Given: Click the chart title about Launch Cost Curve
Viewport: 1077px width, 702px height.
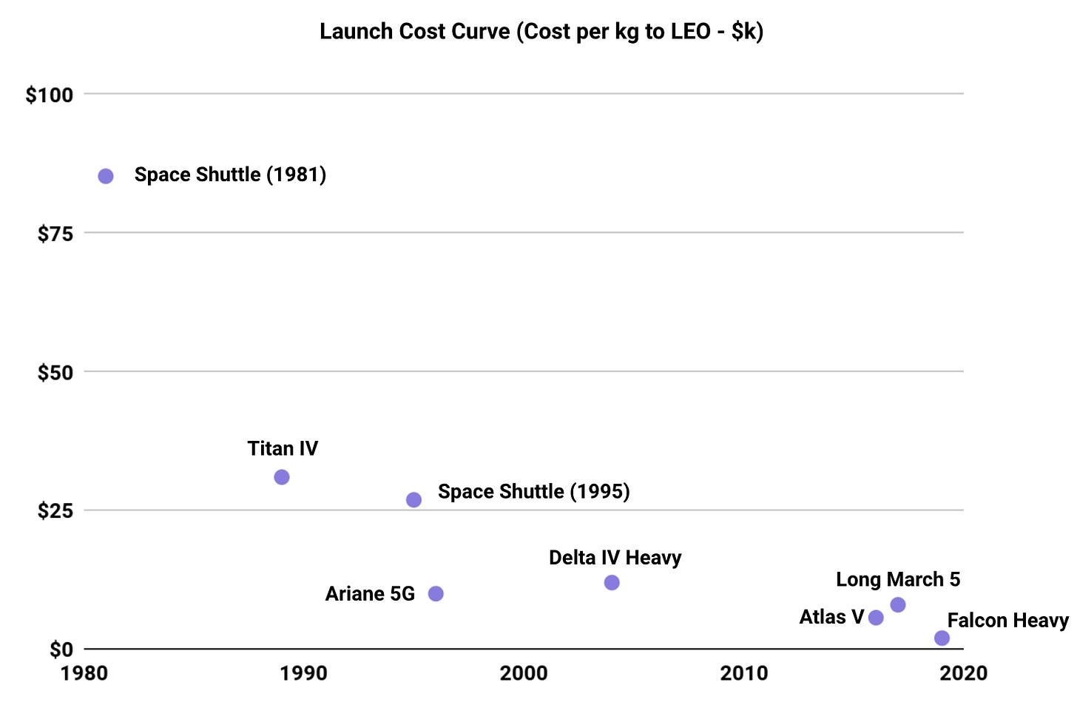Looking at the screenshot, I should (x=541, y=32).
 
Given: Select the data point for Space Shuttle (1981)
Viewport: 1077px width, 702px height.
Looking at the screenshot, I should (x=106, y=176).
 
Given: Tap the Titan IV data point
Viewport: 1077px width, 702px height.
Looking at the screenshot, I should (x=282, y=477).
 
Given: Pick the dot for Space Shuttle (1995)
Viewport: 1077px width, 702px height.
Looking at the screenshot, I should (x=413, y=500).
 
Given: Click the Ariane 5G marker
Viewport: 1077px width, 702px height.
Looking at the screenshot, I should (x=436, y=593).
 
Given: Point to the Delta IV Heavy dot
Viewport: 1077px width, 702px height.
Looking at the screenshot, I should (x=612, y=583).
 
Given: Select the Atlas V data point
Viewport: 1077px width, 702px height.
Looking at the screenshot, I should (x=876, y=618).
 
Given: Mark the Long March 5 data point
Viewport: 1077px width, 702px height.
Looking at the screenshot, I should (x=898, y=605).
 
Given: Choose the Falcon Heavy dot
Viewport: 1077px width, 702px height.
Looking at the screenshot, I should (x=942, y=638).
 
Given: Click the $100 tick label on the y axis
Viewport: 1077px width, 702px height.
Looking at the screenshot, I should (x=50, y=95).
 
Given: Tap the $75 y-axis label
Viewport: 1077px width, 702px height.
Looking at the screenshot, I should (x=55, y=234).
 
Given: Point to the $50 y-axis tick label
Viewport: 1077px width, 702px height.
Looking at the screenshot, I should (x=55, y=372).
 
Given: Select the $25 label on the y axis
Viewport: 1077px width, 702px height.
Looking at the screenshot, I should (x=55, y=510).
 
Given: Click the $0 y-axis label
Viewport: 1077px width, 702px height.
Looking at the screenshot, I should (x=61, y=649).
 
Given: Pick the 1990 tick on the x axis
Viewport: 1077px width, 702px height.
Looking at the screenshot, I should (x=303, y=673).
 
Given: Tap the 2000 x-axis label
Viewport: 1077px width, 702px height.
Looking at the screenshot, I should (x=524, y=673).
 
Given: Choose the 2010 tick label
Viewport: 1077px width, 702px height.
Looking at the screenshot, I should (x=744, y=673).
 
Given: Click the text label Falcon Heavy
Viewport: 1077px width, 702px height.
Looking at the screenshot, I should (x=1007, y=620).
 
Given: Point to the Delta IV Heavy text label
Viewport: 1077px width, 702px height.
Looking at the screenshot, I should (x=615, y=558).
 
